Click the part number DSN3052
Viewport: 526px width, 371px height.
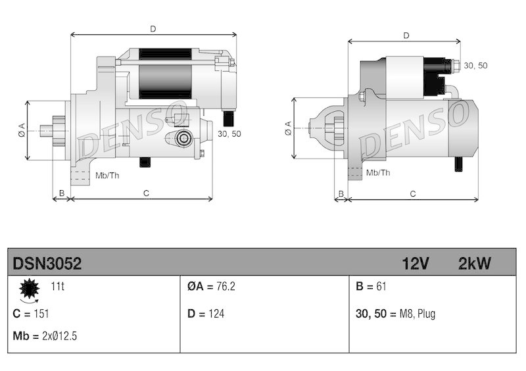pyautogui.click(x=47, y=264)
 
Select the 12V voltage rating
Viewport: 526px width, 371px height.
pyautogui.click(x=416, y=264)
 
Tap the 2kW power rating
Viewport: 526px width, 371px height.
pyautogui.click(x=474, y=264)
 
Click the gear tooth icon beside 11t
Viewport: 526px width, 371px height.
pyautogui.click(x=29, y=289)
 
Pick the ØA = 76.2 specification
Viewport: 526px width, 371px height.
pyautogui.click(x=212, y=286)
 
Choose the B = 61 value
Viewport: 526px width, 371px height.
pyautogui.click(x=370, y=286)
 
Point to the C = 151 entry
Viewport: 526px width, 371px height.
pyautogui.click(x=31, y=314)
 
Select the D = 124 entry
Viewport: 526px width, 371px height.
pyautogui.click(x=206, y=314)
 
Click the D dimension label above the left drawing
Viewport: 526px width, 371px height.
pyautogui.click(x=153, y=28)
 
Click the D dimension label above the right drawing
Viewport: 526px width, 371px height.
pyautogui.click(x=406, y=36)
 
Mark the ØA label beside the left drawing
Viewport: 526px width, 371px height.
pyautogui.click(x=21, y=130)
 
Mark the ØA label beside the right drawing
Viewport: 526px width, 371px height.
pyautogui.click(x=287, y=128)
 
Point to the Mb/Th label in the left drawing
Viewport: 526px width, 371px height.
pyautogui.click(x=107, y=175)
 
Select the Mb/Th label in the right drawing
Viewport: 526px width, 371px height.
pyautogui.click(x=378, y=172)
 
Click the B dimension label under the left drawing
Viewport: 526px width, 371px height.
pyautogui.click(x=61, y=193)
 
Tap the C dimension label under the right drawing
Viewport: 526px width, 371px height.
pyautogui.click(x=413, y=193)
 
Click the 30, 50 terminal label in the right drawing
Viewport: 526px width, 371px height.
pyautogui.click(x=476, y=66)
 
